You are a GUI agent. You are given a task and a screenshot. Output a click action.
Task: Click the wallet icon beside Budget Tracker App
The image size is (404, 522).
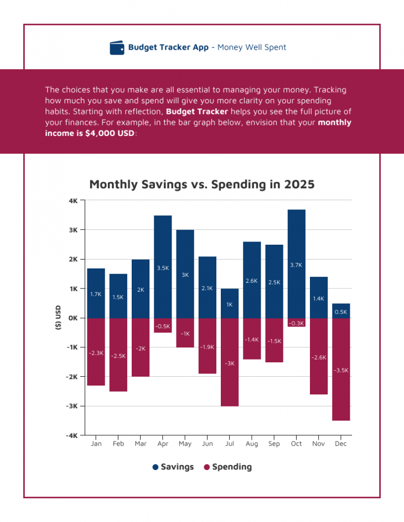(117, 48)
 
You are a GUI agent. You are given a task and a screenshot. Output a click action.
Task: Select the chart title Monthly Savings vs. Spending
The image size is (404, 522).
(201, 184)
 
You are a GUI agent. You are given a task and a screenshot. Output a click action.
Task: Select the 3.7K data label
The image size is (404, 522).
(296, 265)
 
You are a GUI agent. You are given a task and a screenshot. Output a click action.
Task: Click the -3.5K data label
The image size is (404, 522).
(341, 370)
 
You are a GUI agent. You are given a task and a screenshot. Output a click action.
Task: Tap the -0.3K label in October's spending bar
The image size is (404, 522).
(296, 323)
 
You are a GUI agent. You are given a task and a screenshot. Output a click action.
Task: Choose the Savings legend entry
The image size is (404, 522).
(173, 467)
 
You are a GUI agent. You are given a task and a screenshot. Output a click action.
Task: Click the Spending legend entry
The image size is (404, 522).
(227, 467)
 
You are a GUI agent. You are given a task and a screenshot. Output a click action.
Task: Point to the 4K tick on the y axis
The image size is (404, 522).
(73, 201)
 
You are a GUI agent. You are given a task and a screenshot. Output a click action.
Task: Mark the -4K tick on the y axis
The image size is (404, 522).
(72, 435)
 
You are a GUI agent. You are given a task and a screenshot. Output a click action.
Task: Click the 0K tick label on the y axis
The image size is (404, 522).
(73, 318)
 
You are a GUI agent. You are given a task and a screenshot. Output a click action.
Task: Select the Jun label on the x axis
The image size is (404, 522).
(208, 444)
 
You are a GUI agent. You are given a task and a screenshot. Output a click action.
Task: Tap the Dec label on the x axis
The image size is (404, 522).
(341, 444)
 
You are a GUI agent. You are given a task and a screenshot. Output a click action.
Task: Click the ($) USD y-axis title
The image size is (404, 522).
(58, 318)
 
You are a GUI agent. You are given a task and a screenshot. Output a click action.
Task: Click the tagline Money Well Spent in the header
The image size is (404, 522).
(252, 48)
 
